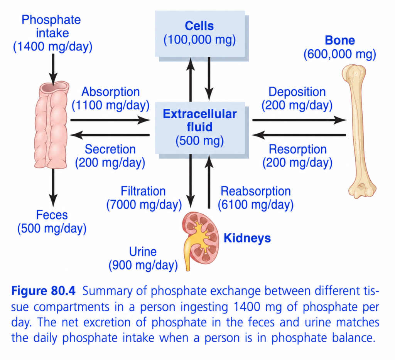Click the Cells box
point(200,34)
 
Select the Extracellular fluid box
point(200,128)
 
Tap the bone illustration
point(359,131)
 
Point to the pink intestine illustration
point(52,124)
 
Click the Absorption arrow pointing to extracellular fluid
point(110,120)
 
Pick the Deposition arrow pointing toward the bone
point(299,120)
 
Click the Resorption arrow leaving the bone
point(299,135)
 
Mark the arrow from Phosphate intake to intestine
point(53,69)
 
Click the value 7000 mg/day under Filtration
point(144,205)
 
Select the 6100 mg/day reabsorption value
point(255,205)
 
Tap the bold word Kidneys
point(247,238)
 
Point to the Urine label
point(143,251)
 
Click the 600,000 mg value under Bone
point(339,54)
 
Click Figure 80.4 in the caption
point(43,291)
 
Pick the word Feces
point(52,215)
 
